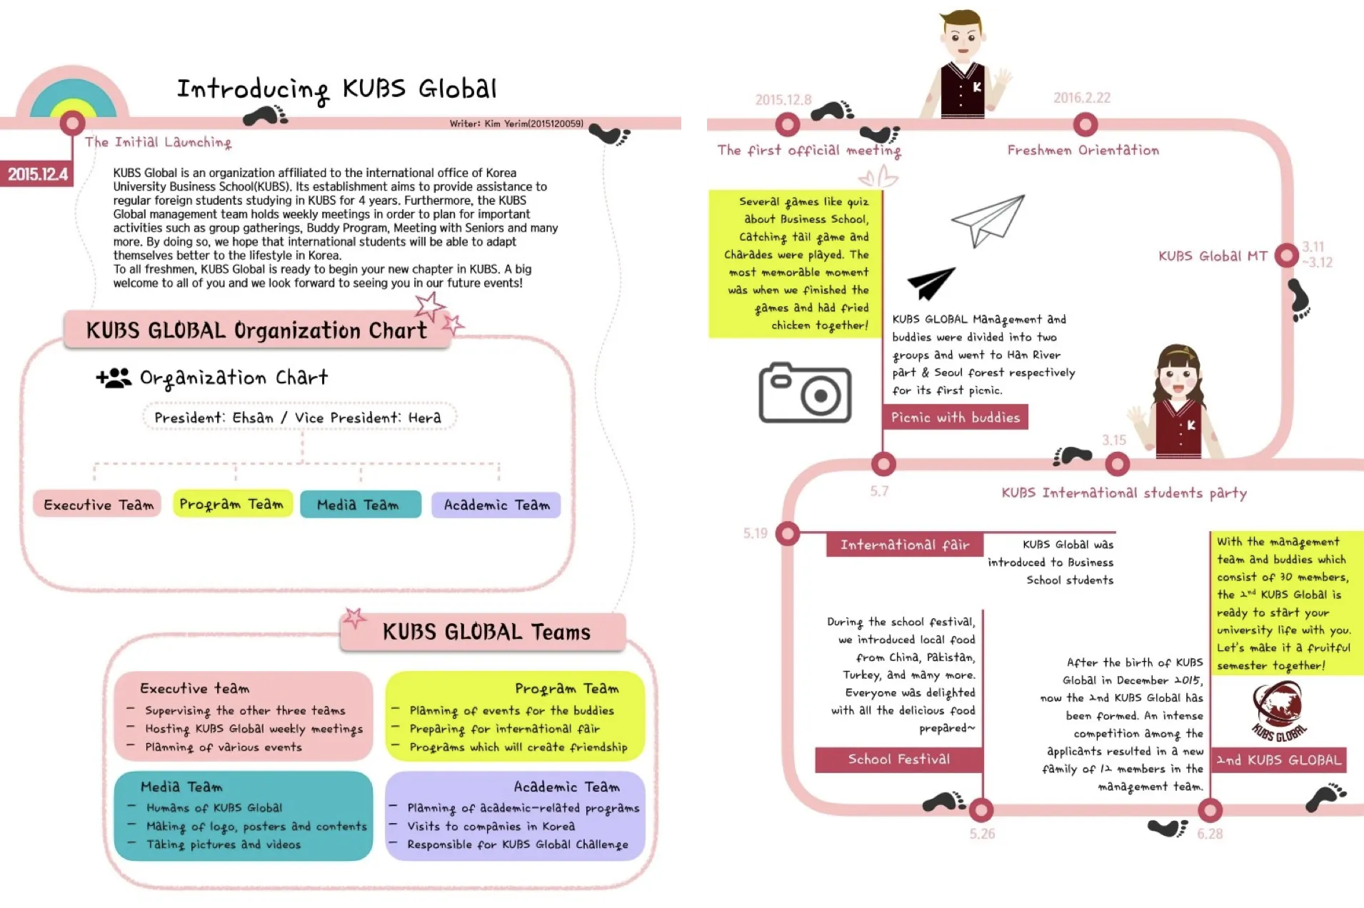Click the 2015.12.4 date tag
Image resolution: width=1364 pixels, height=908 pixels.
37,174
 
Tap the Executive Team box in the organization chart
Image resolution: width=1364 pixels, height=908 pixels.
98,505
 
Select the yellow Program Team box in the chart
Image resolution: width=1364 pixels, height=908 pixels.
232,504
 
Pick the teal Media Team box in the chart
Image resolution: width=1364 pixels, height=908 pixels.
360,505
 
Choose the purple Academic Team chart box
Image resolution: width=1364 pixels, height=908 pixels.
496,505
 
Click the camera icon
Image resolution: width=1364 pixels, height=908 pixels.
804,393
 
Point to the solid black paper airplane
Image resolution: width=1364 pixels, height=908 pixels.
929,283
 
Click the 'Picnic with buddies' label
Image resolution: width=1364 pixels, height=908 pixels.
956,418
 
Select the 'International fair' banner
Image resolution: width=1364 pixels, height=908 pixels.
905,545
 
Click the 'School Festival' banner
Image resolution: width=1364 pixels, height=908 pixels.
898,760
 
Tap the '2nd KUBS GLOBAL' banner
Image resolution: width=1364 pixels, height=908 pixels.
1279,760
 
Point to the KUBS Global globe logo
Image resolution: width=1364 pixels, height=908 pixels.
1278,709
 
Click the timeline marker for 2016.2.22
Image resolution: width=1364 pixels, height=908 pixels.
1085,125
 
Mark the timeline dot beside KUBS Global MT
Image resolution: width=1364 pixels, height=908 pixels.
1286,256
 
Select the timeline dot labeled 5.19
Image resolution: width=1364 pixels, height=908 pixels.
787,533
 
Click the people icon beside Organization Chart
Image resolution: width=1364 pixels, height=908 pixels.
114,378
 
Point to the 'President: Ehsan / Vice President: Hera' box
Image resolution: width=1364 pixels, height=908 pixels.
299,418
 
